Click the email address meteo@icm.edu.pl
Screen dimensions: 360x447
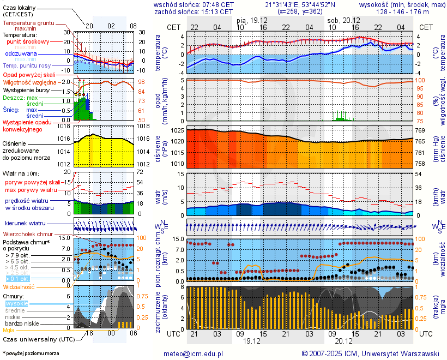(x=194, y=353)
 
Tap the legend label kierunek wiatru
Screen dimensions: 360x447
(x=25, y=223)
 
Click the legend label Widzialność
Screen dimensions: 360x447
(x=19, y=286)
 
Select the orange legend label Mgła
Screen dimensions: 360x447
(x=9, y=330)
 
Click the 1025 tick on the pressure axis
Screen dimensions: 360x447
(x=177, y=131)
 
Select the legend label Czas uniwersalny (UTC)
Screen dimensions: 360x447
(x=37, y=339)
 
